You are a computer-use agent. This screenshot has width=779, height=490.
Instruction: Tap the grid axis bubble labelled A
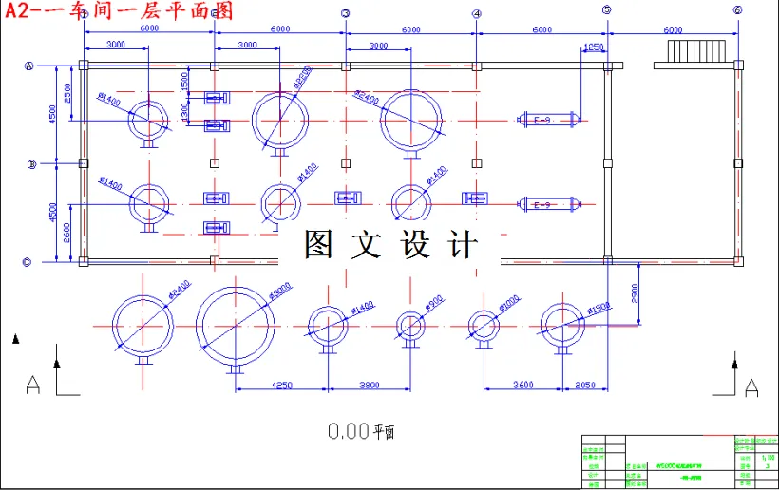click(29, 66)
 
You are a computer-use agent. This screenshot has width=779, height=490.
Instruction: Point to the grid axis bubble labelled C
click(29, 262)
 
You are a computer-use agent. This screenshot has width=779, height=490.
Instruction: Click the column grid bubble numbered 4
click(476, 13)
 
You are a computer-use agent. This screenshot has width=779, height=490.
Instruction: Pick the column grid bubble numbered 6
click(737, 10)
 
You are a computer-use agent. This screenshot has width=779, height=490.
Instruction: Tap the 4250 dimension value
click(281, 385)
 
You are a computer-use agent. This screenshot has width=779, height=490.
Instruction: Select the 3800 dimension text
click(369, 385)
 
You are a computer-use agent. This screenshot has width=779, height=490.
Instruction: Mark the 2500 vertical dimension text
click(67, 93)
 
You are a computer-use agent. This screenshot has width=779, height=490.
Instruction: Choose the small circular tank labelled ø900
click(410, 326)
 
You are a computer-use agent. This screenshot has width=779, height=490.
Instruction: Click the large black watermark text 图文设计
click(390, 245)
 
